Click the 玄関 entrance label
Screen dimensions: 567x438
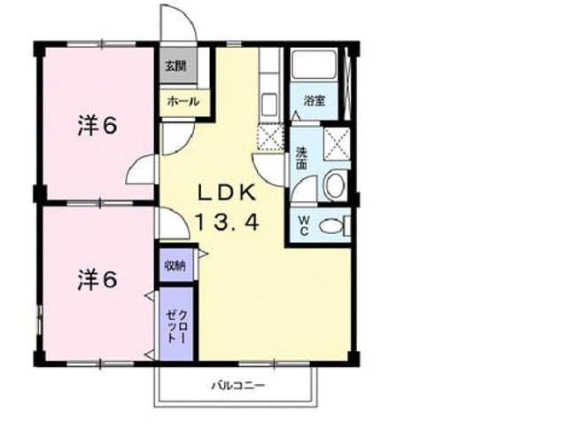tap(175, 66)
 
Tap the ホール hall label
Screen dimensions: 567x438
tap(183, 101)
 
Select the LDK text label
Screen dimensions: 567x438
tap(227, 192)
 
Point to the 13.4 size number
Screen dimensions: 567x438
tap(228, 222)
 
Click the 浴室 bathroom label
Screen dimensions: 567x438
tap(315, 100)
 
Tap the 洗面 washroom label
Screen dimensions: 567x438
tap(301, 158)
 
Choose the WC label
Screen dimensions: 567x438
tap(304, 225)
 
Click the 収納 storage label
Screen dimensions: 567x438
tap(175, 266)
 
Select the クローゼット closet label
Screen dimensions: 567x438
tap(176, 326)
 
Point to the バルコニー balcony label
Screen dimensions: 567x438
tap(238, 385)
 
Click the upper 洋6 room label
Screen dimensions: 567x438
tap(97, 126)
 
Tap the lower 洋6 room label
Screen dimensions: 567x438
tap(97, 279)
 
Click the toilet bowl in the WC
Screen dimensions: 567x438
tap(330, 226)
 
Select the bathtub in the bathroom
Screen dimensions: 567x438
tap(314, 65)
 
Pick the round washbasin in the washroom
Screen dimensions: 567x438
tap(335, 185)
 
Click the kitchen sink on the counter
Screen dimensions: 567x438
tap(269, 105)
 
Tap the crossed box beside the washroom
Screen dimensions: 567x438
tap(337, 144)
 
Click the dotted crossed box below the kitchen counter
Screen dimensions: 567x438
tap(269, 137)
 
